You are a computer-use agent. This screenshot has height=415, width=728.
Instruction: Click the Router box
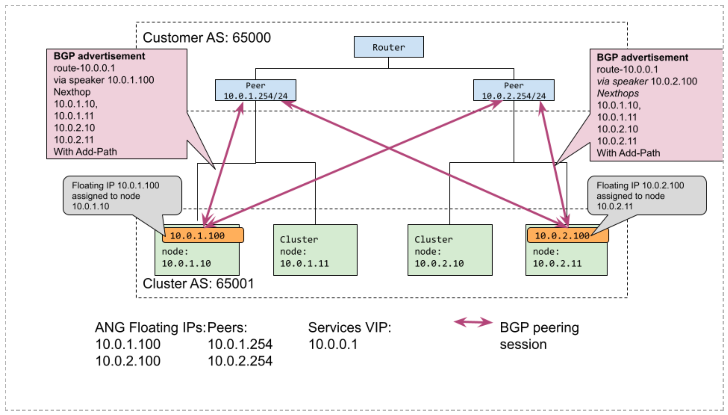point(388,47)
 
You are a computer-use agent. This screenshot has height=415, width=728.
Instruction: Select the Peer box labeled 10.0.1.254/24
point(255,90)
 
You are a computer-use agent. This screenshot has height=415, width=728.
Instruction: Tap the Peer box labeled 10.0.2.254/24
point(514,90)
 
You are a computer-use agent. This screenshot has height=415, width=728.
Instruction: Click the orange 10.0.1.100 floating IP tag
point(203,236)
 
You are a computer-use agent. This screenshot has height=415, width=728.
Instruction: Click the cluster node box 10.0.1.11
point(315,250)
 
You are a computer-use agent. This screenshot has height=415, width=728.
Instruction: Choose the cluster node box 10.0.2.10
point(450,250)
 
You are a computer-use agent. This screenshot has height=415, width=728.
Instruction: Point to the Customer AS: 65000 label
point(207,38)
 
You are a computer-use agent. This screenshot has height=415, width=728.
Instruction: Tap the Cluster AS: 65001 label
point(198,283)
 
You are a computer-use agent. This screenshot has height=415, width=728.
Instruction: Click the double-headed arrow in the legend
point(473,322)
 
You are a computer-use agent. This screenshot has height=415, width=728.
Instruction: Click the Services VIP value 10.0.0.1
point(333,344)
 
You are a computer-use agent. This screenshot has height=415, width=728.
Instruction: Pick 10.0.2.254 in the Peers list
point(240,361)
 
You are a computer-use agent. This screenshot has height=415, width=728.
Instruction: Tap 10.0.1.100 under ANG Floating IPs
point(128,344)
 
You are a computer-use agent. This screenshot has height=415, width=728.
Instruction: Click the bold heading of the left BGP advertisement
point(99,56)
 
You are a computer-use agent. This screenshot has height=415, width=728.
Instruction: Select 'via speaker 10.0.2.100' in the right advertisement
point(647,81)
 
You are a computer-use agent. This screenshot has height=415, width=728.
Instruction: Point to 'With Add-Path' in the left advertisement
point(85,151)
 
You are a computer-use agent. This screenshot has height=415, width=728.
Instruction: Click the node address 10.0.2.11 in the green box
point(557,263)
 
